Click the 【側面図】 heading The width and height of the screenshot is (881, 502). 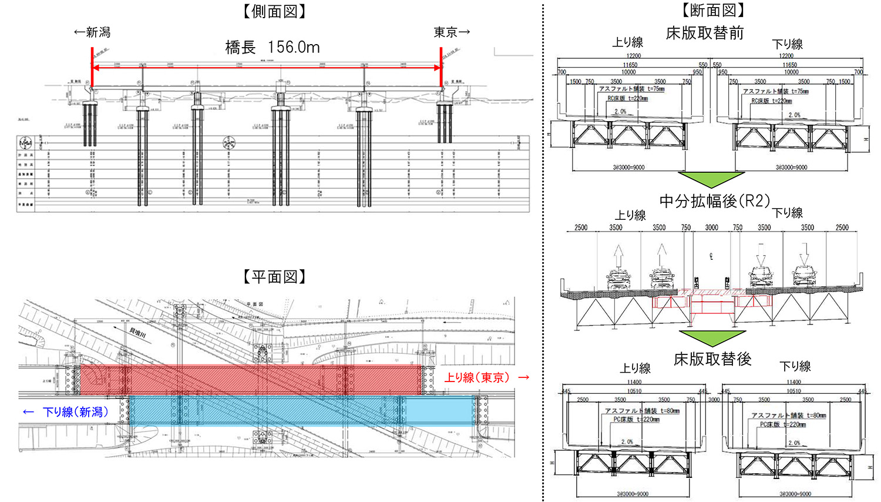click(x=275, y=12)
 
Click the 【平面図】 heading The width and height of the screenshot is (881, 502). click(x=274, y=277)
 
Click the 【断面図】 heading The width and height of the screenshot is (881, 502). click(x=713, y=10)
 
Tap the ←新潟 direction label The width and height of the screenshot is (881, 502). click(x=92, y=32)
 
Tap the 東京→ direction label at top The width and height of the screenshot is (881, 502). click(x=452, y=32)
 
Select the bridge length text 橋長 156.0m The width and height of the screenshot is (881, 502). click(x=273, y=48)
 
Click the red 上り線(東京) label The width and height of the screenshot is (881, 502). click(x=476, y=377)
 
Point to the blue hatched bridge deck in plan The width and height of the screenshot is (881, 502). click(x=300, y=410)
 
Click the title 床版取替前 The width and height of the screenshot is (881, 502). click(x=705, y=34)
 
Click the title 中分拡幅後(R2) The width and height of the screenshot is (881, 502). click(x=714, y=202)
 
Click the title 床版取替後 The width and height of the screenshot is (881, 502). click(x=712, y=359)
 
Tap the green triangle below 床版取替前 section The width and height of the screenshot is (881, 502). click(x=711, y=179)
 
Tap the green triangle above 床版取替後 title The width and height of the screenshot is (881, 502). click(x=712, y=337)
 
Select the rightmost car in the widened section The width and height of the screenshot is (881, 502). click(x=804, y=276)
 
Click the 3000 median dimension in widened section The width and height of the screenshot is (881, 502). click(x=711, y=227)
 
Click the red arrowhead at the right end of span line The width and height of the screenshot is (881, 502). click(x=438, y=68)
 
